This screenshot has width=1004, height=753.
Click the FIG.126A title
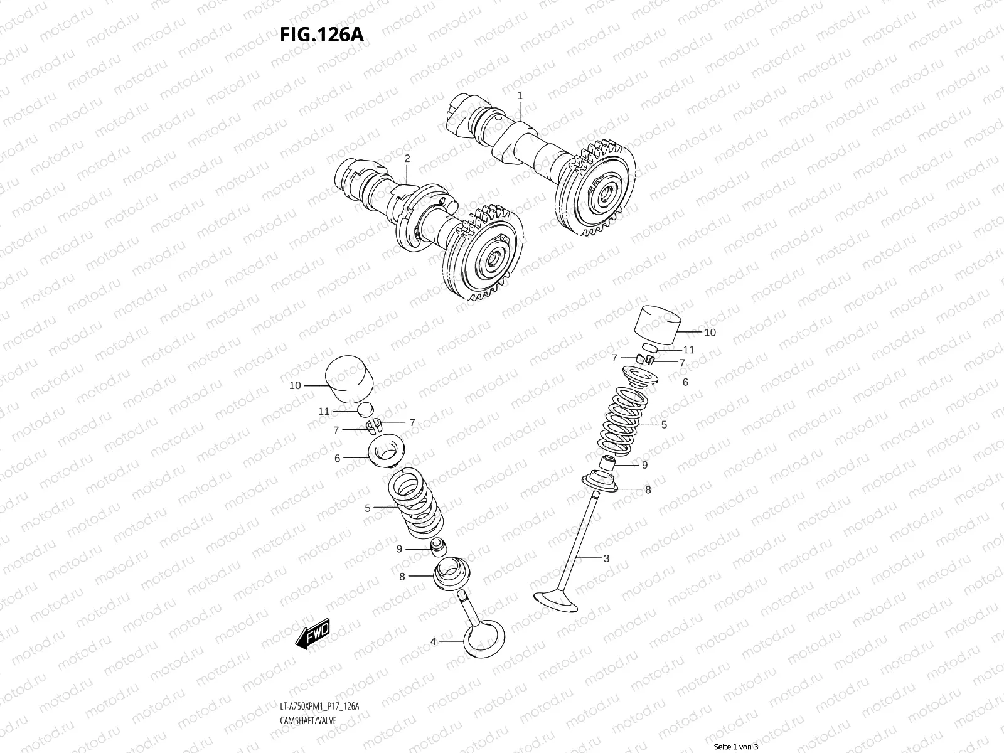(321, 35)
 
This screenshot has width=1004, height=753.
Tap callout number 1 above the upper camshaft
(520, 95)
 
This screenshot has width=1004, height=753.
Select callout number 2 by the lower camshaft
(407, 159)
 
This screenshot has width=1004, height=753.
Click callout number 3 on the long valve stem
(606, 558)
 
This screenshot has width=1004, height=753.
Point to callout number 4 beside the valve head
(433, 641)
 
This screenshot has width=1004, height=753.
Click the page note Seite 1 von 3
(737, 747)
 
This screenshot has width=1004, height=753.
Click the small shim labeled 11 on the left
(365, 410)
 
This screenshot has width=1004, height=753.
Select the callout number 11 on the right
(689, 350)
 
